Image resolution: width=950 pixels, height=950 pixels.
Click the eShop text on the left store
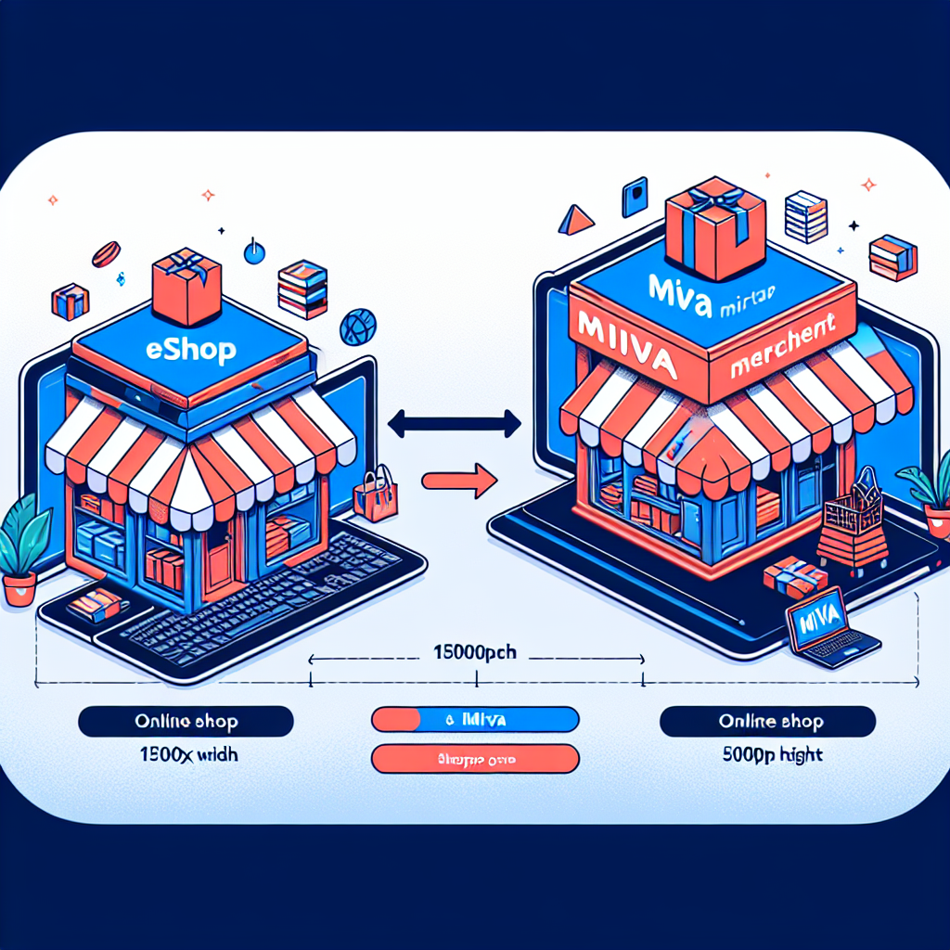click(191, 350)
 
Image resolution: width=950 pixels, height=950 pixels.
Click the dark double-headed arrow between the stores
click(455, 426)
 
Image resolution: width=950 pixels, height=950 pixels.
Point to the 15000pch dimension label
click(475, 652)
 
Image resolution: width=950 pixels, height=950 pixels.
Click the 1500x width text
click(186, 754)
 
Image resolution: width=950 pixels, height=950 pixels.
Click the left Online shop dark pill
click(186, 721)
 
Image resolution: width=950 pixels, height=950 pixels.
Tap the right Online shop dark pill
click(767, 721)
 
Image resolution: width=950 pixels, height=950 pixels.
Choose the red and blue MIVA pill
click(475, 720)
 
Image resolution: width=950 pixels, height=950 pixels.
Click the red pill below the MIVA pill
click(475, 759)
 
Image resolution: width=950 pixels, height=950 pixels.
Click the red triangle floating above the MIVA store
click(576, 220)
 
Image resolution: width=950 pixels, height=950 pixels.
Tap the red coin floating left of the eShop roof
click(105, 253)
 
